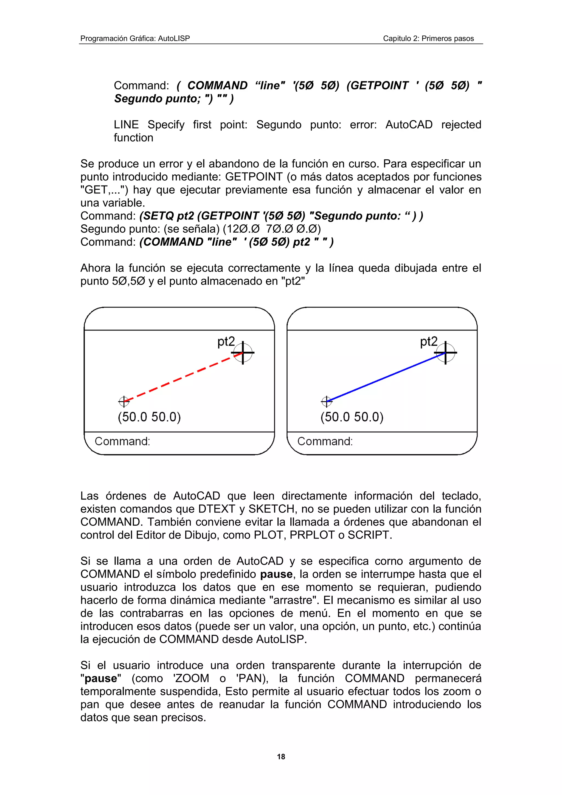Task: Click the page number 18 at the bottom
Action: point(281,757)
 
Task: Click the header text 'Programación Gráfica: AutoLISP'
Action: point(135,38)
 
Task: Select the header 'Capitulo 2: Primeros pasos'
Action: point(428,38)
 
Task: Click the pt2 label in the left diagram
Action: point(226,342)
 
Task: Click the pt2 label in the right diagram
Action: point(429,342)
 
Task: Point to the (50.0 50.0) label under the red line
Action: point(149,417)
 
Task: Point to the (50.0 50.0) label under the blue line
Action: point(352,417)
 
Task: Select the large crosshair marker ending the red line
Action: point(243,353)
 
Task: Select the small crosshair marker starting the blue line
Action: point(327,402)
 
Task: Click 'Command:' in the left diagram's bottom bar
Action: point(122,441)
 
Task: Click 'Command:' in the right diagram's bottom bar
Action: point(325,441)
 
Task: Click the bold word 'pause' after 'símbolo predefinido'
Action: point(276,574)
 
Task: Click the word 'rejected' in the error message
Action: point(461,125)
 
